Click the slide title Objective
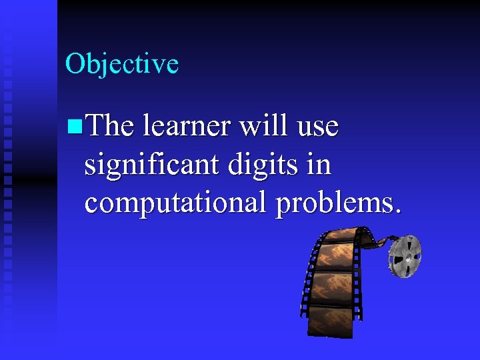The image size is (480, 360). point(122,64)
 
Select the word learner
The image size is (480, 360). point(183,125)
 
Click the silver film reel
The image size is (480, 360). point(405,255)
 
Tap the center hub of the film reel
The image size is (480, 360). point(405,255)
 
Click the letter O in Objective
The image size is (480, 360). point(75,64)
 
